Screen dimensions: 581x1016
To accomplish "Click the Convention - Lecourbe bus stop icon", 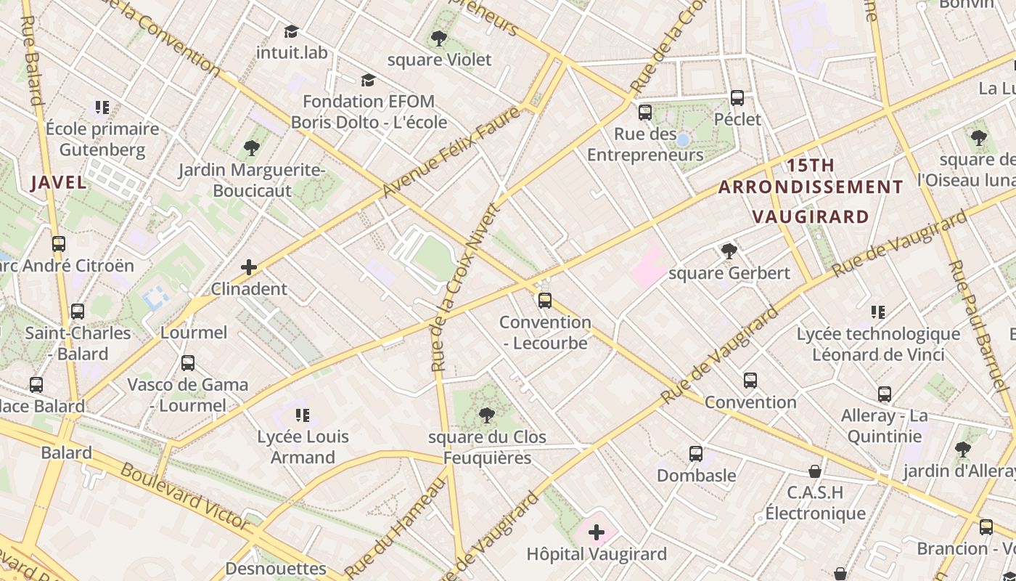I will [545, 300].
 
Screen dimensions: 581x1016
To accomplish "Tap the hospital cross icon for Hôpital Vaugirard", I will [596, 532].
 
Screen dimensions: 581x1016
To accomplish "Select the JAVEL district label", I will [59, 182].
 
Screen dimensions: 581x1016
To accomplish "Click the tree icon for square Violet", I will [438, 38].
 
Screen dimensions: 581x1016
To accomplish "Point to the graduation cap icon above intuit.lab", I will [291, 31].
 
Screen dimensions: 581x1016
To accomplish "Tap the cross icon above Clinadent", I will [249, 267].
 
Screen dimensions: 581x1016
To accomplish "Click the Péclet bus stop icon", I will [737, 97].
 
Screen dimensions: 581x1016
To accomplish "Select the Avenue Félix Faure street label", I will [451, 152].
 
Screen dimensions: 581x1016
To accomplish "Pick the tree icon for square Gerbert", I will [729, 251].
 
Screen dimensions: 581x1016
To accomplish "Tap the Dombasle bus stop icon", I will [696, 454].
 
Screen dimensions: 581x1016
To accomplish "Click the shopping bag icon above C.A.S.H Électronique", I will [815, 471].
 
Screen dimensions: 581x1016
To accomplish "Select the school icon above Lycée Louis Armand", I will [303, 415].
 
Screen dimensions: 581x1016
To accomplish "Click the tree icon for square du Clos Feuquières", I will [487, 415].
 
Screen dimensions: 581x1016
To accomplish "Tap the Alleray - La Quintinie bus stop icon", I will [884, 394].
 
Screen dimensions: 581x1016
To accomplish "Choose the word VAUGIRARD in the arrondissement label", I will [810, 216].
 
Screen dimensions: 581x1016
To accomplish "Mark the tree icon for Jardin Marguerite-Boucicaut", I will [252, 148].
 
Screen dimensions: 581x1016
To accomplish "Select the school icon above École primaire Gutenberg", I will [102, 107].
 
